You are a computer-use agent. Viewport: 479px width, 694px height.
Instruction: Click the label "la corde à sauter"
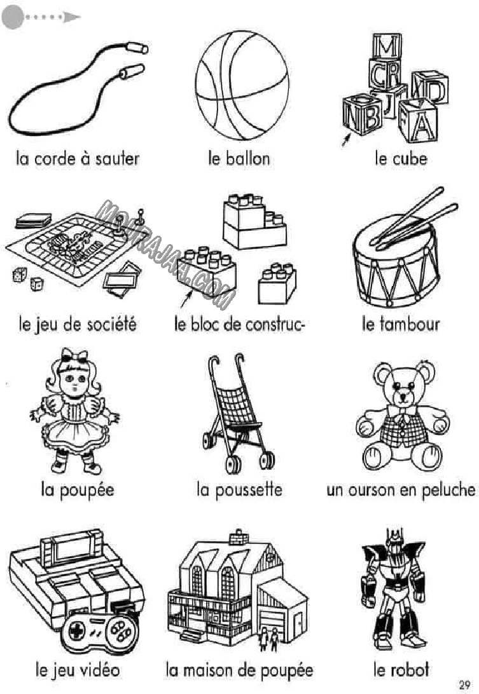(78, 158)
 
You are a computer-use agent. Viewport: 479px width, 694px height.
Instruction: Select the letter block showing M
(386, 46)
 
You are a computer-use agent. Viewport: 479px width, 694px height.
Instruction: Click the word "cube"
(412, 158)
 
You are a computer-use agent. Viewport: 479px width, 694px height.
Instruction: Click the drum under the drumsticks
(396, 262)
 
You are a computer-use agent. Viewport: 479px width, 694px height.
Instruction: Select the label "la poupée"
(78, 490)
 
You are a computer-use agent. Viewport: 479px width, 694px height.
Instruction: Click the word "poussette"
(249, 490)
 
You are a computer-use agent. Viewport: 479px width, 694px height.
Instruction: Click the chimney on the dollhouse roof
(239, 537)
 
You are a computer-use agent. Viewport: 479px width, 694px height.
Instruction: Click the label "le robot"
(401, 669)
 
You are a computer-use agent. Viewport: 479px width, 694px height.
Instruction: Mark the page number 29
(464, 684)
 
